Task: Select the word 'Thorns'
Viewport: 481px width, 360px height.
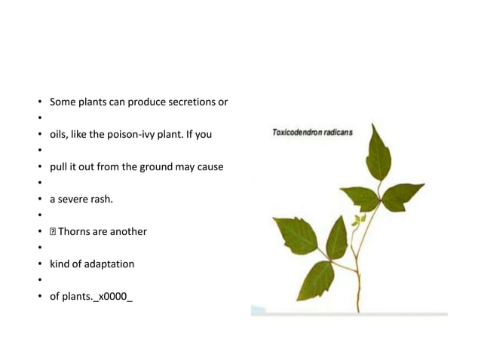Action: pos(75,231)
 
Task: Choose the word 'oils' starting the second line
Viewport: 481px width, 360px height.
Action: pos(58,134)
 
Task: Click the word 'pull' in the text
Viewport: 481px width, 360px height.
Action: pos(58,166)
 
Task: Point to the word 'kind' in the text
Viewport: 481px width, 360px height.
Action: pos(60,264)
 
